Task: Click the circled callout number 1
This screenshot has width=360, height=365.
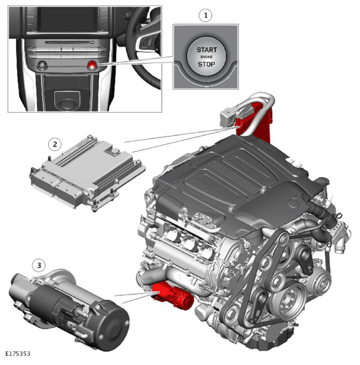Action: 205,15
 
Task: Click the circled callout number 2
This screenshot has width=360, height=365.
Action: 54,144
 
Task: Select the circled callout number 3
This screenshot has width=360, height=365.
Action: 39,265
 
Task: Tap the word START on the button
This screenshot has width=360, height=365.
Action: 206,50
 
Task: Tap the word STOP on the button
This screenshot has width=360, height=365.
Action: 206,64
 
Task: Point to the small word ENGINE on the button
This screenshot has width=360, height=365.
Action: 206,57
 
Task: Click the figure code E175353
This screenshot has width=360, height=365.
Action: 18,354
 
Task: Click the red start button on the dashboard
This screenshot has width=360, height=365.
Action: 92,65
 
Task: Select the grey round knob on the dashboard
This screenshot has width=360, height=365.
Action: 42,65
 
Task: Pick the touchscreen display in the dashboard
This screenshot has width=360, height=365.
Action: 67,19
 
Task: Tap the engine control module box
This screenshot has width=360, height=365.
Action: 87,172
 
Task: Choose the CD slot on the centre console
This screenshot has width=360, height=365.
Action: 67,43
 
